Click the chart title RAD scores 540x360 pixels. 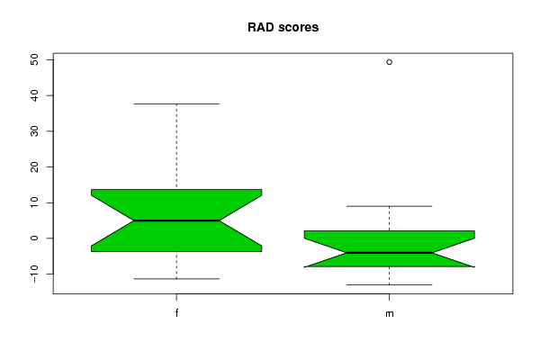click(x=283, y=27)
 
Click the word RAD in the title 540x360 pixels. click(x=261, y=27)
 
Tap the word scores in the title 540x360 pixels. click(x=298, y=28)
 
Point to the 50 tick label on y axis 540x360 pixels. click(x=34, y=60)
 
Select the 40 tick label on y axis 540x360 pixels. click(x=34, y=95)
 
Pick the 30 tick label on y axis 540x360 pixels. click(x=34, y=131)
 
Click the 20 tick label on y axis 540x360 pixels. click(x=34, y=166)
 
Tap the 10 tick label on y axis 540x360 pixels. click(x=34, y=202)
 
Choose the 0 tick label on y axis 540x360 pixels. click(x=34, y=238)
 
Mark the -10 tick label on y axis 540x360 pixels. click(x=34, y=274)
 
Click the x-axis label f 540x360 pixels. click(x=176, y=313)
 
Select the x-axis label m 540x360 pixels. click(x=389, y=314)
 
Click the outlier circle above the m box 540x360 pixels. click(x=389, y=62)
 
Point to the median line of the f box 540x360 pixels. click(x=176, y=220)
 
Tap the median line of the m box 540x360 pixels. click(x=389, y=253)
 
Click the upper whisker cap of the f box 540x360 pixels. click(x=176, y=103)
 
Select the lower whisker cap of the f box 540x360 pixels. click(x=176, y=279)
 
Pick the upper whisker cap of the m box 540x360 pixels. click(x=389, y=206)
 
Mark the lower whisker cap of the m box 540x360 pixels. click(x=389, y=285)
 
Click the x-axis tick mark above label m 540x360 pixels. click(x=389, y=297)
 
